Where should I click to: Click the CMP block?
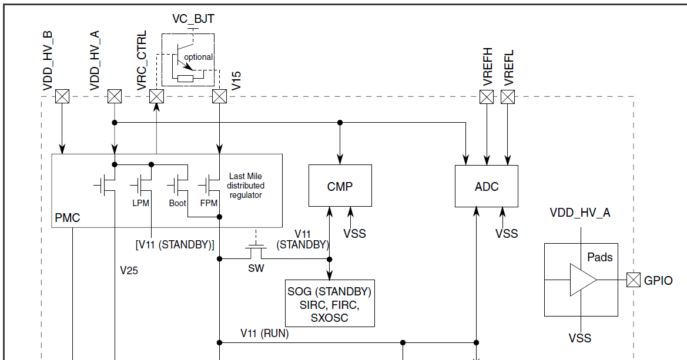[340, 186]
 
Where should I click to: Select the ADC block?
[487, 186]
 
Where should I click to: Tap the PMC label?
[67, 218]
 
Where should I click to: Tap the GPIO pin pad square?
[633, 280]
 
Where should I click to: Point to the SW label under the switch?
[256, 269]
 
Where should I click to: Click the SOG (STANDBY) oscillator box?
[329, 304]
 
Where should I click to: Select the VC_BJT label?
[193, 19]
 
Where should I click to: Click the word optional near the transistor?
[198, 57]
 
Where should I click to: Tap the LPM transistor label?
[142, 203]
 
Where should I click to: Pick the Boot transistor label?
[177, 203]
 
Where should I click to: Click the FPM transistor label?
[209, 203]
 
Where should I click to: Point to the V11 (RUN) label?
[264, 333]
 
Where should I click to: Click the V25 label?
[129, 271]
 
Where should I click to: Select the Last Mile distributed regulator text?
[246, 186]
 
